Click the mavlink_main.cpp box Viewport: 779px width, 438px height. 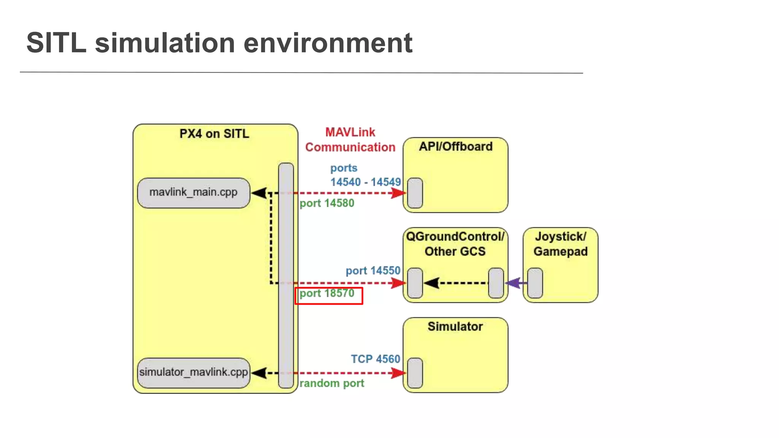click(x=193, y=193)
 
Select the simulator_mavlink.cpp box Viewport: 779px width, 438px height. click(x=193, y=372)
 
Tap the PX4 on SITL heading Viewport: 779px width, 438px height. click(x=214, y=134)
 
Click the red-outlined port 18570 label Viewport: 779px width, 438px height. click(x=328, y=295)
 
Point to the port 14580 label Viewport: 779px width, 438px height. click(x=327, y=203)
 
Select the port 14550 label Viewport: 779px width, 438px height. click(x=373, y=271)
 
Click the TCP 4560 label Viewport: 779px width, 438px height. click(x=375, y=359)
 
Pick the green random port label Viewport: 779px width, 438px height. click(x=332, y=383)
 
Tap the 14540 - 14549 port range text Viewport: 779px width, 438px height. click(x=365, y=182)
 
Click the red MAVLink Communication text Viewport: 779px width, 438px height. click(x=350, y=140)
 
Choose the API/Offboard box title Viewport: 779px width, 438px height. click(x=455, y=146)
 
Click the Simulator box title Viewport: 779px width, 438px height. click(x=455, y=326)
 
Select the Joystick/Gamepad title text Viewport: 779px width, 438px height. click(x=560, y=244)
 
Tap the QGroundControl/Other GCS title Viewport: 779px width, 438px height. click(x=455, y=244)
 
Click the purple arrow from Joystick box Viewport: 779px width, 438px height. click(x=515, y=283)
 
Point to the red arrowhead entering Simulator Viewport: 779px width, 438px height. click(x=398, y=373)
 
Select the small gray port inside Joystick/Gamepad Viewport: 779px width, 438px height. click(x=535, y=283)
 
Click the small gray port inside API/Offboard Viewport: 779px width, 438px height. click(x=415, y=193)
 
